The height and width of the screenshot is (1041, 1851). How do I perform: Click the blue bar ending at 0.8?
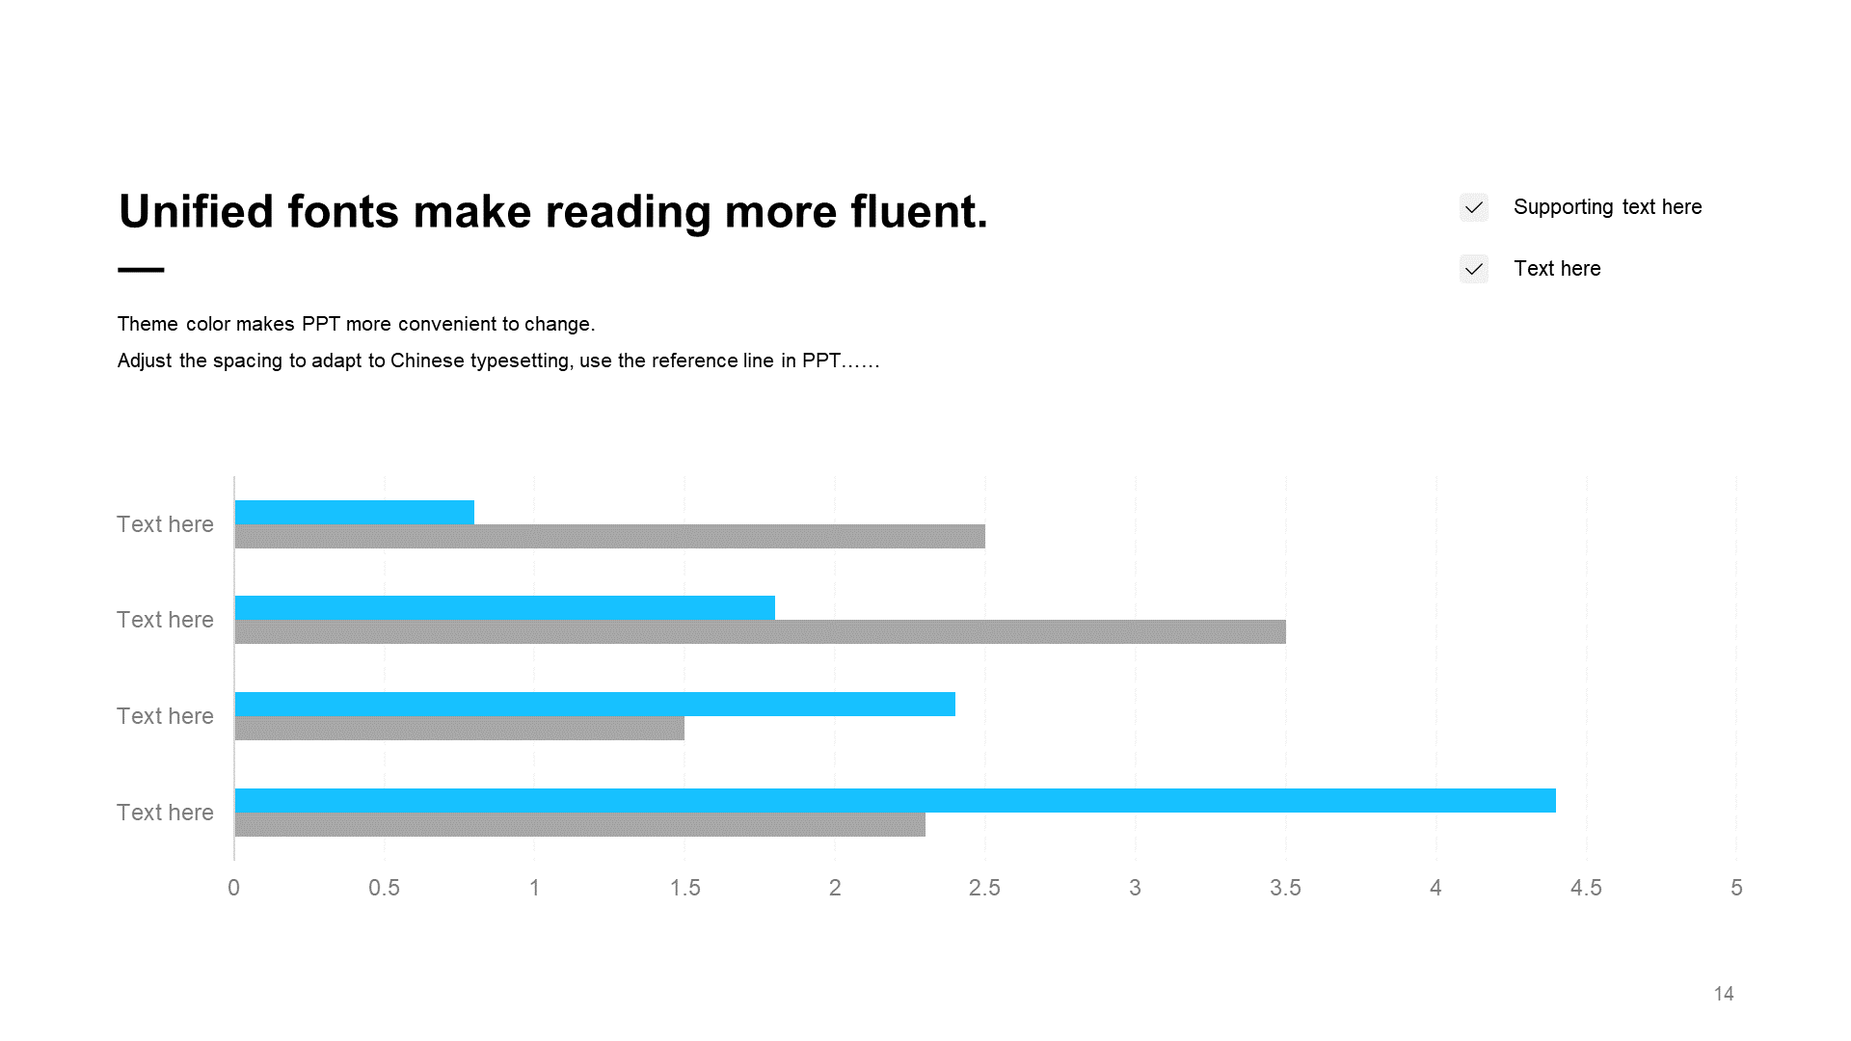[x=355, y=512]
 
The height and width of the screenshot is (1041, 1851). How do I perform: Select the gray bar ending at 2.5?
[x=610, y=536]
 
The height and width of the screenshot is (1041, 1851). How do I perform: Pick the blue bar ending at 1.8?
[x=505, y=607]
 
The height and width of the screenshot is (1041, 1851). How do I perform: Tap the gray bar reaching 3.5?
[x=761, y=631]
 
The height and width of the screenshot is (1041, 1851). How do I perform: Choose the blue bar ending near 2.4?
[x=595, y=704]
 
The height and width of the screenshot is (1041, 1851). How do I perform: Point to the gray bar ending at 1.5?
[x=460, y=728]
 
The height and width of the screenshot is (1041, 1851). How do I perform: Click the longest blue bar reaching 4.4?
[x=896, y=800]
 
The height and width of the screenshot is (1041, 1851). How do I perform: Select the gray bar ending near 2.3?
[x=580, y=824]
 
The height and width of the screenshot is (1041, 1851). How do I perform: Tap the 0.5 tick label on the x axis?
[x=384, y=888]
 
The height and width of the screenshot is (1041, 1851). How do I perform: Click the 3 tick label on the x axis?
[x=1136, y=888]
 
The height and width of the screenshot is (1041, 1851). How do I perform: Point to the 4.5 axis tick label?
[x=1586, y=888]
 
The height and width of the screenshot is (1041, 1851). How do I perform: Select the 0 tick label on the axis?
[x=233, y=888]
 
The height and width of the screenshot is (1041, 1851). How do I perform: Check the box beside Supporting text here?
[x=1474, y=207]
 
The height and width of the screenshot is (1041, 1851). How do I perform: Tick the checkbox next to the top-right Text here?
[x=1474, y=269]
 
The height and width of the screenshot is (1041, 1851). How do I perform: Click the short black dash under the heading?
[x=141, y=270]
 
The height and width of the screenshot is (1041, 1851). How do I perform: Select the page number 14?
[x=1724, y=994]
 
